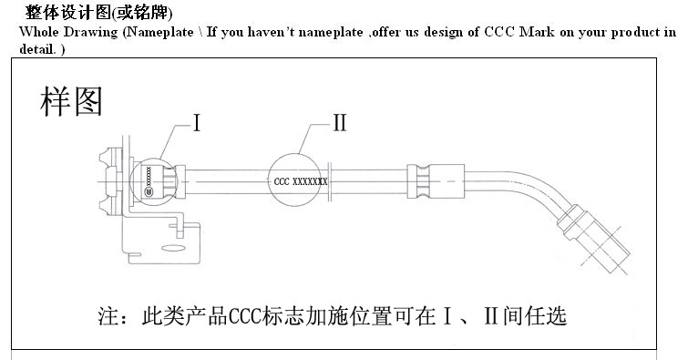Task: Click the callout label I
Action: point(197,123)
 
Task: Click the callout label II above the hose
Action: point(338,123)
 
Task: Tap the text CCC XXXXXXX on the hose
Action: point(301,181)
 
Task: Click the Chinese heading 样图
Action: point(71,101)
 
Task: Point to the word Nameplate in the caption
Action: point(163,32)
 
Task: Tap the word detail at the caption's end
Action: point(36,46)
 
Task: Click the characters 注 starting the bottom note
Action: point(108,317)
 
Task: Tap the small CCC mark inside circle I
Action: point(149,192)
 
